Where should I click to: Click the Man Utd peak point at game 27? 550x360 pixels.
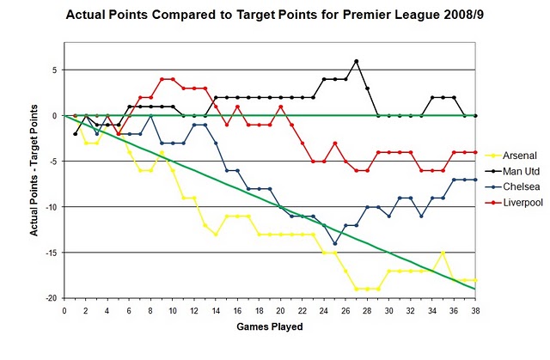tap(357, 61)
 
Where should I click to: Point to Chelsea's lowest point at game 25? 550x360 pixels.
tap(335, 243)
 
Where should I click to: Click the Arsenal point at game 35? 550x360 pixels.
tap(443, 253)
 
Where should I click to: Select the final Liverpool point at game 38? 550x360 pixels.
tap(476, 152)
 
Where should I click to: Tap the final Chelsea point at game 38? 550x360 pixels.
tap(476, 180)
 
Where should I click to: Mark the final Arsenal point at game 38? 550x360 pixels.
tap(476, 280)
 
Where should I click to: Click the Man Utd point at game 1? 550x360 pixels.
tap(76, 134)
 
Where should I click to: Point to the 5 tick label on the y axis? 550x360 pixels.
tap(56, 70)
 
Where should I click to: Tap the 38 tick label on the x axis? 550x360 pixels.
tap(476, 311)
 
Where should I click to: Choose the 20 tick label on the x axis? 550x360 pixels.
tap(281, 311)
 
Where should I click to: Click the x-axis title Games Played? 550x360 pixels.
tap(271, 326)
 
